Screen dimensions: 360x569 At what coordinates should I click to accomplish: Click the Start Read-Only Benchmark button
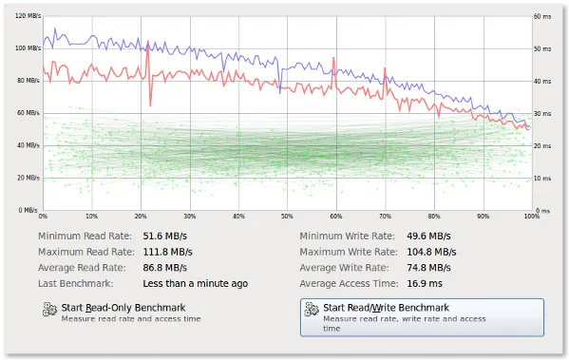122,312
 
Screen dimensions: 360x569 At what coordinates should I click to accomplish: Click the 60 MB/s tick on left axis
28,113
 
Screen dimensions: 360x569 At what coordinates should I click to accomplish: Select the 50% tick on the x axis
286,217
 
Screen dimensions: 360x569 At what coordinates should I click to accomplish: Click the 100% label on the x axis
530,217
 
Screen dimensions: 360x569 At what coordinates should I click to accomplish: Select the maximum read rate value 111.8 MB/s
169,252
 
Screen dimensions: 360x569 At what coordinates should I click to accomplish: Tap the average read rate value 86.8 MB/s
167,268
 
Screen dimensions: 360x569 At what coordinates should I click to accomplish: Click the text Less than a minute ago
195,283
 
